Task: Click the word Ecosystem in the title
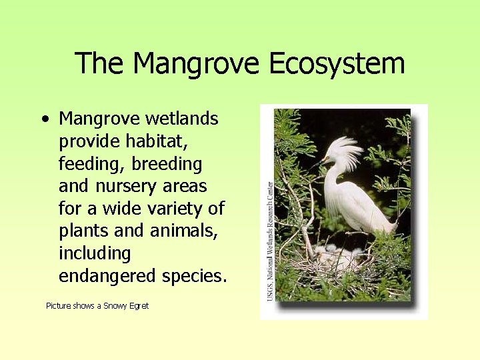[337, 65]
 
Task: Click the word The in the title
[100, 65]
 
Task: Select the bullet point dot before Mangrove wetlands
[44, 121]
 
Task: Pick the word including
[95, 254]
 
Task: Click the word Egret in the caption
[138, 306]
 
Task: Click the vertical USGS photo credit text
[270, 240]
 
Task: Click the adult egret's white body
[360, 207]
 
